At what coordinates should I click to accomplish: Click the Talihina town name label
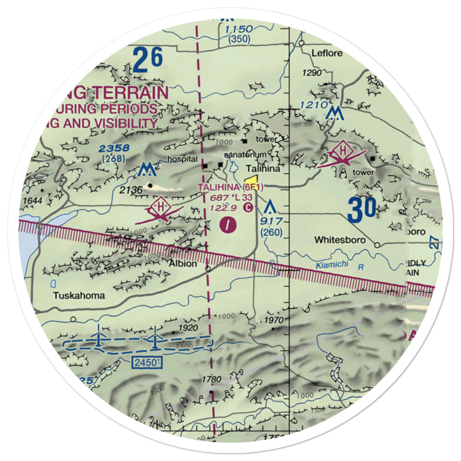(x=263, y=169)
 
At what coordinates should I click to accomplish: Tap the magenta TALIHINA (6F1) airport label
(x=230, y=187)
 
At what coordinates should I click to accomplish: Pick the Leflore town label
(x=327, y=53)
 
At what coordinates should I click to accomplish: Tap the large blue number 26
(x=148, y=59)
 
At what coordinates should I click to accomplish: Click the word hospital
(x=179, y=159)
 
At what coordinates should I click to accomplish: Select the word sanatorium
(x=246, y=154)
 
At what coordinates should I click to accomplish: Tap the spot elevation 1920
(x=188, y=328)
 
